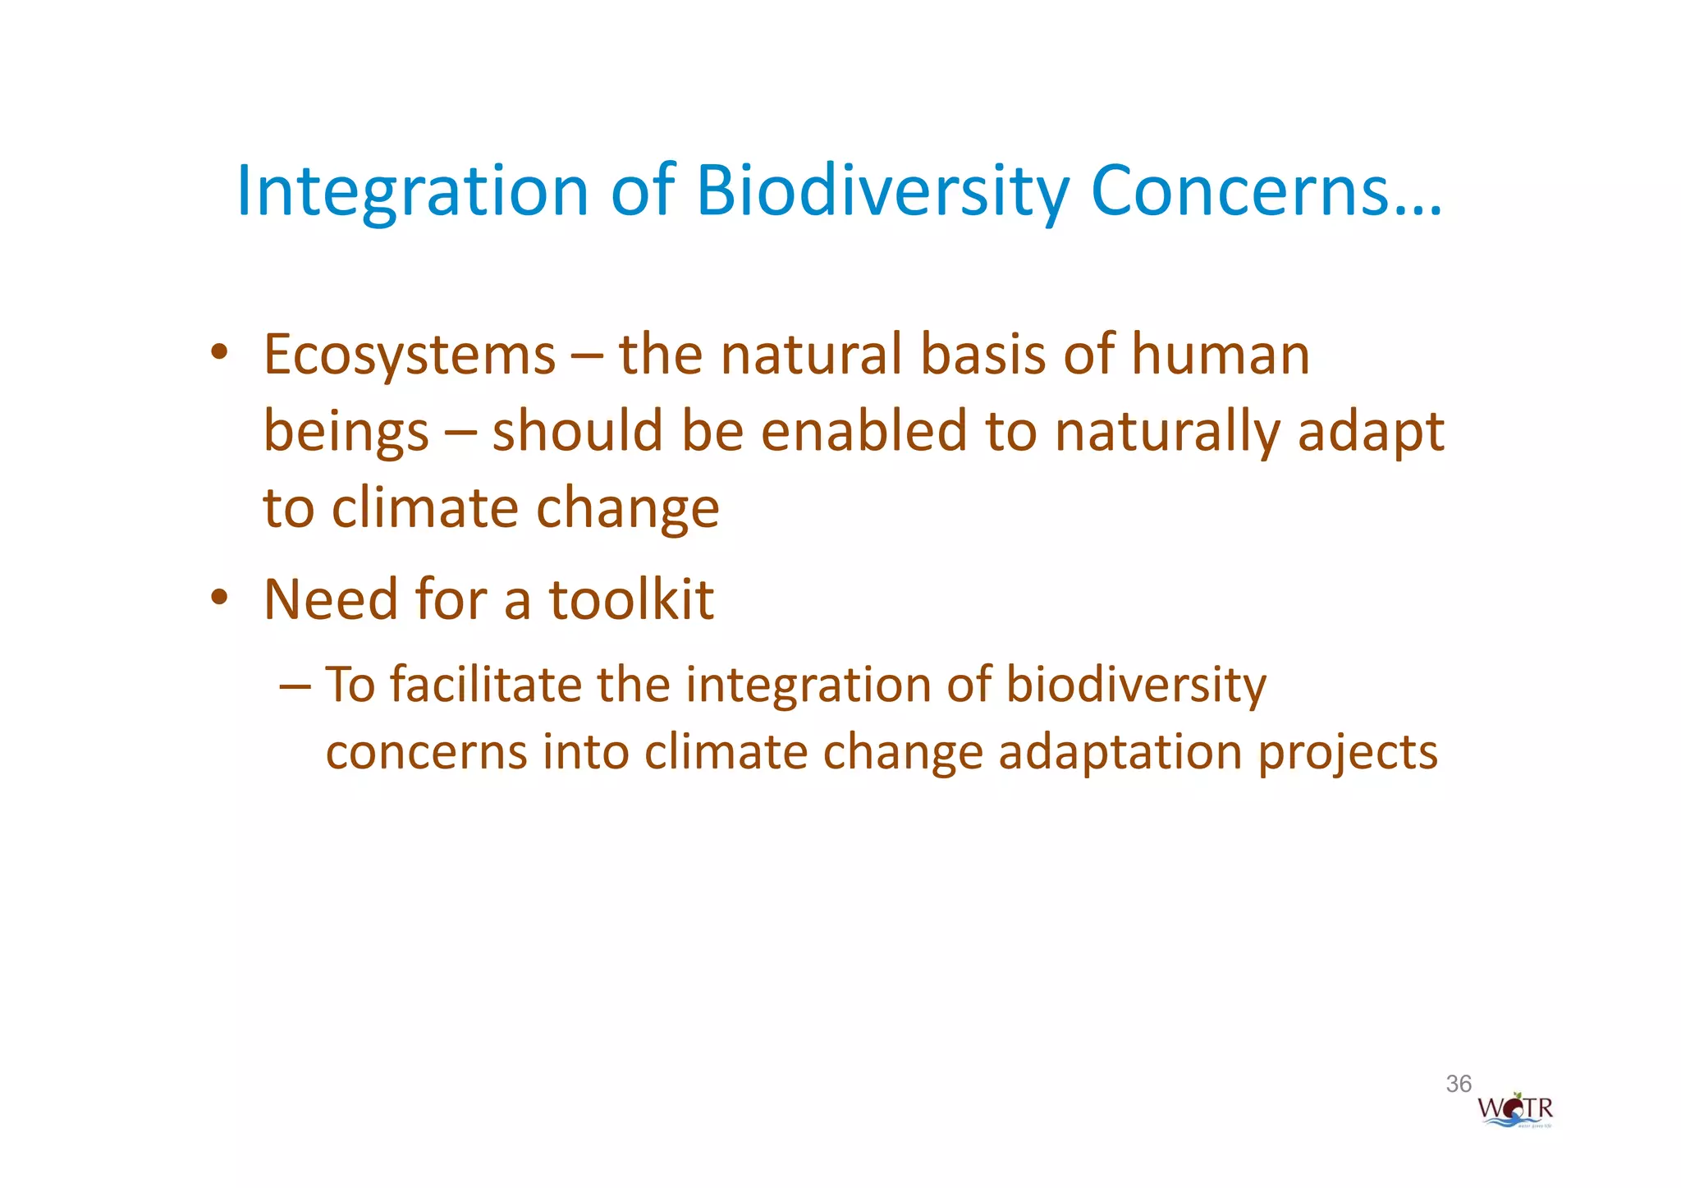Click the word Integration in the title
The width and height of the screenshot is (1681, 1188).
click(x=412, y=190)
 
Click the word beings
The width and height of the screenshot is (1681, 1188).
click(x=346, y=433)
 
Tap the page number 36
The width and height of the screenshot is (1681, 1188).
click(x=1459, y=1084)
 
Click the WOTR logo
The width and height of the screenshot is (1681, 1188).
click(x=1515, y=1111)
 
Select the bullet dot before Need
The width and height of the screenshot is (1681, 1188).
click(x=218, y=598)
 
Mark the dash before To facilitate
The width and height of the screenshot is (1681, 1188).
click(x=295, y=685)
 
